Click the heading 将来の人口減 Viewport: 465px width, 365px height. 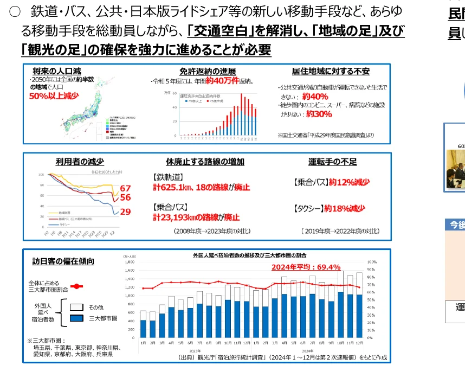57,71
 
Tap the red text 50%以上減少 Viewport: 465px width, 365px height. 54,96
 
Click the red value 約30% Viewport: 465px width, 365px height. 319,114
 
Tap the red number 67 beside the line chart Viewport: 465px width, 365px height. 125,188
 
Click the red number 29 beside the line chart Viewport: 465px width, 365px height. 125,212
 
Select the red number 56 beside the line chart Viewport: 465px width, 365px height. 125,198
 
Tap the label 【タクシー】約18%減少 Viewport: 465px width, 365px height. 328,208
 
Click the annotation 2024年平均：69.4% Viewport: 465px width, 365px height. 306,267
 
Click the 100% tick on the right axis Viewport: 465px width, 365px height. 372,261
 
